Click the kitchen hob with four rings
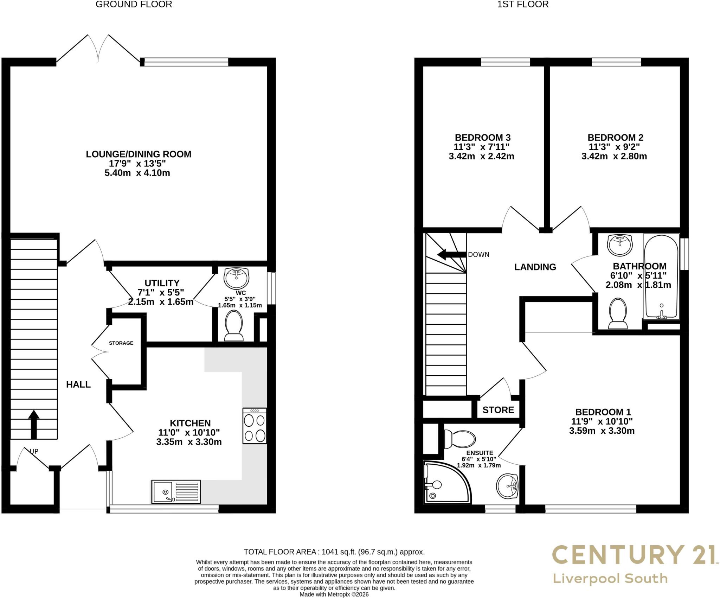click(255, 426)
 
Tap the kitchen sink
click(176, 491)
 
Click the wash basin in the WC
click(237, 278)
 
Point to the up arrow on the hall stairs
click(34, 424)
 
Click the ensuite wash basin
click(507, 486)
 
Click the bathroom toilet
click(618, 313)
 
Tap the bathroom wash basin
click(620, 245)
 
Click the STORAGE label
click(121, 343)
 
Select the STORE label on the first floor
click(498, 410)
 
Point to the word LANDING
click(535, 267)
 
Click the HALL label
click(78, 384)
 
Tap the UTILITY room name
click(162, 283)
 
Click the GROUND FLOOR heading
click(134, 4)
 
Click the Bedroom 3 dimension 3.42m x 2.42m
click(481, 156)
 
